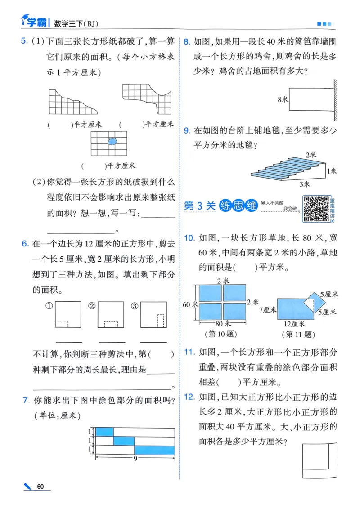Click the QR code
[x=315, y=209]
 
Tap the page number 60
[x=40, y=487]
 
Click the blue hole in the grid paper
[x=112, y=141]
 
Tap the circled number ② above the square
[x=92, y=306]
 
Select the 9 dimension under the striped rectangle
[x=135, y=459]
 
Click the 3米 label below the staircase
[x=305, y=183]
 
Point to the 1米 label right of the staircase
[x=332, y=171]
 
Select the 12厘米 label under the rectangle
[x=295, y=324]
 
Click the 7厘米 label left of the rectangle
[x=267, y=310]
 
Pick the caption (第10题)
[x=221, y=334]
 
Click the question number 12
[x=189, y=396]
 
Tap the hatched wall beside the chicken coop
[x=335, y=100]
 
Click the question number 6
[x=25, y=244]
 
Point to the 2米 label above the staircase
[x=310, y=155]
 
